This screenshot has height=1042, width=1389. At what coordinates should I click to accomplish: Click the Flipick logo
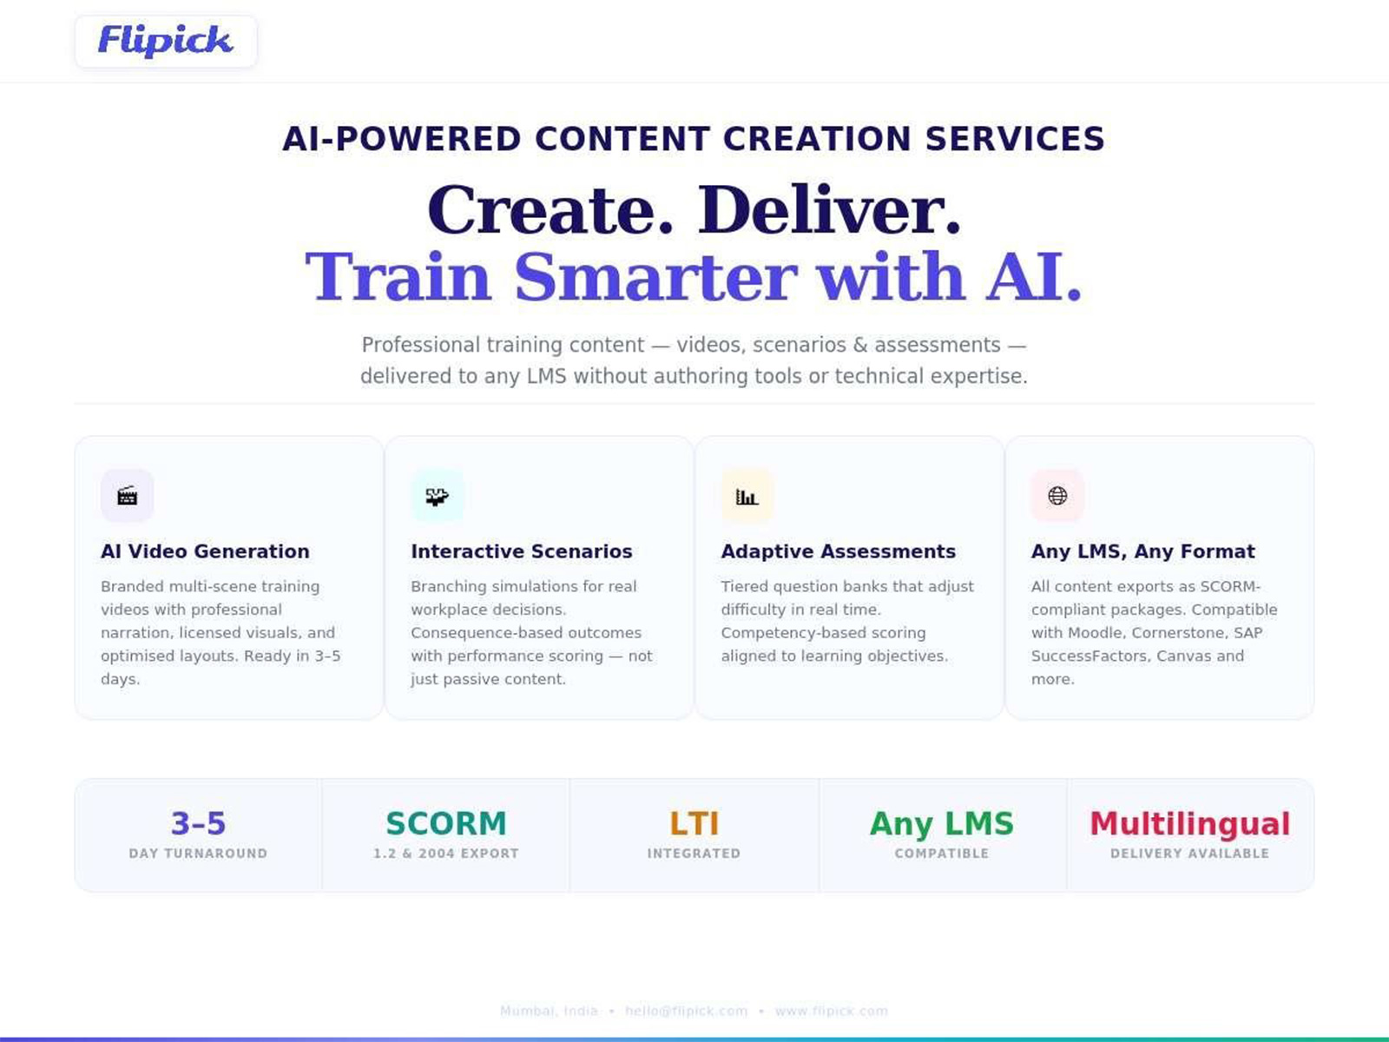pyautogui.click(x=165, y=41)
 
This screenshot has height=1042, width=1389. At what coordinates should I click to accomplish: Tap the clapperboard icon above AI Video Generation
pyautogui.click(x=128, y=496)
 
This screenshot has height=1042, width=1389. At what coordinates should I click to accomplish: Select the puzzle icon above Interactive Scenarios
pyautogui.click(x=438, y=496)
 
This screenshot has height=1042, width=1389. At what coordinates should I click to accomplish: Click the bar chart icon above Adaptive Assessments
pyautogui.click(x=747, y=496)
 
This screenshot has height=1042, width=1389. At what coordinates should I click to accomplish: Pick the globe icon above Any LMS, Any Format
pyautogui.click(x=1057, y=496)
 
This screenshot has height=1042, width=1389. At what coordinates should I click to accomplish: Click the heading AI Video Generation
pyautogui.click(x=205, y=551)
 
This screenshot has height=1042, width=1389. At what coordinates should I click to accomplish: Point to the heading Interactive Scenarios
pyautogui.click(x=522, y=551)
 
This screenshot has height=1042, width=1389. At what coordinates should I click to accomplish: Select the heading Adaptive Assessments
pyautogui.click(x=838, y=551)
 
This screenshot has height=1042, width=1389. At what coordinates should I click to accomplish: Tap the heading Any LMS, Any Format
pyautogui.click(x=1142, y=551)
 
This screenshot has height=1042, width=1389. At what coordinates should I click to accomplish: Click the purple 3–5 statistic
pyautogui.click(x=198, y=823)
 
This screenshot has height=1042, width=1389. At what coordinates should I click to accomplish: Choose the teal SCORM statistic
pyautogui.click(x=446, y=823)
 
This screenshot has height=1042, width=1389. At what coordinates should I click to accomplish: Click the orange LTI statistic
pyautogui.click(x=694, y=823)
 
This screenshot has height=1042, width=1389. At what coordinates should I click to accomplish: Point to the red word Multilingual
pyautogui.click(x=1189, y=823)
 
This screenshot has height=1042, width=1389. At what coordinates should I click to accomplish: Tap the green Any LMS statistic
pyautogui.click(x=942, y=823)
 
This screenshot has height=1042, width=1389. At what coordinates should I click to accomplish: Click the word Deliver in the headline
pyautogui.click(x=830, y=210)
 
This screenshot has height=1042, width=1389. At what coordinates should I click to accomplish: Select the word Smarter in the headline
pyautogui.click(x=655, y=277)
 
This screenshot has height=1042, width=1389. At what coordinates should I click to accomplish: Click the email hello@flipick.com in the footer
pyautogui.click(x=686, y=1011)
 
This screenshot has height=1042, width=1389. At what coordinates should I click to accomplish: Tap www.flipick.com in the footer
pyautogui.click(x=831, y=1011)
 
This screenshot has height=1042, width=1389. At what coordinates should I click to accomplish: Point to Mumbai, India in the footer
pyautogui.click(x=549, y=1011)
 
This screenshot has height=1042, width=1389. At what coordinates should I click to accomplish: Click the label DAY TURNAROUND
pyautogui.click(x=198, y=854)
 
